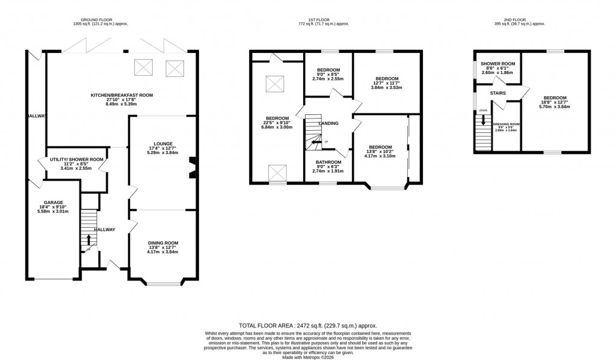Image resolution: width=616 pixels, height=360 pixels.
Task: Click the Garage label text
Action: point(52,202)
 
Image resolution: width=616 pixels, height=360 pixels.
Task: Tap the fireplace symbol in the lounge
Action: point(192,168)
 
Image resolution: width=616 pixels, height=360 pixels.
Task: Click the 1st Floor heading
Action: point(315,20)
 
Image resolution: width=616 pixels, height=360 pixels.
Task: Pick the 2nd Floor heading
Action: point(515,20)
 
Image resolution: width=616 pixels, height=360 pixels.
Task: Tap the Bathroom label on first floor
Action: point(329,162)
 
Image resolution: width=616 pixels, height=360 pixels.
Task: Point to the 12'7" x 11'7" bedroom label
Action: point(387,79)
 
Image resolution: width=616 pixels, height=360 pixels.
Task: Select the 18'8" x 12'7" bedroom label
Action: point(555,98)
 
